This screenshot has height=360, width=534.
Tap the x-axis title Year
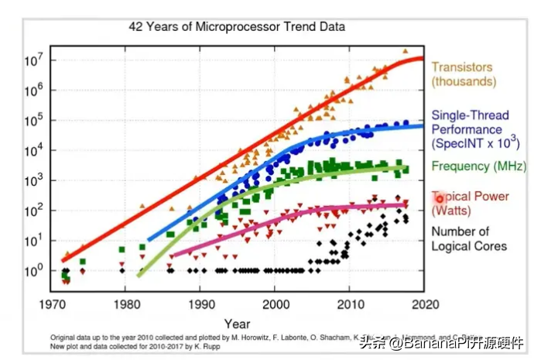click(237, 324)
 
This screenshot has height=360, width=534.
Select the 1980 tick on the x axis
click(125, 303)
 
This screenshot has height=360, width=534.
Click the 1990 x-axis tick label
click(200, 303)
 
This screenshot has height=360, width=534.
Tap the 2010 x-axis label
click(349, 303)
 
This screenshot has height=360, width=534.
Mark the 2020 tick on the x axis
click(423, 303)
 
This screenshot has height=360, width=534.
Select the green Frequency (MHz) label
click(478, 166)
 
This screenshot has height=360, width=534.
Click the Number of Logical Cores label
click(469, 238)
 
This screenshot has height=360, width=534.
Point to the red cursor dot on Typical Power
click(440, 198)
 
